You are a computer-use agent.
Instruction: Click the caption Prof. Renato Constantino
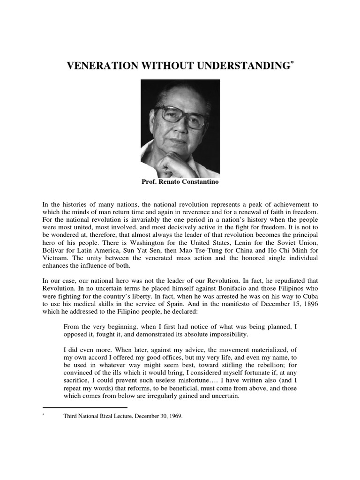pos(180,181)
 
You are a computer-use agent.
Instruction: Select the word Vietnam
pos(56,257)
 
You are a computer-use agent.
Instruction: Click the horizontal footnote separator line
pos(84,407)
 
